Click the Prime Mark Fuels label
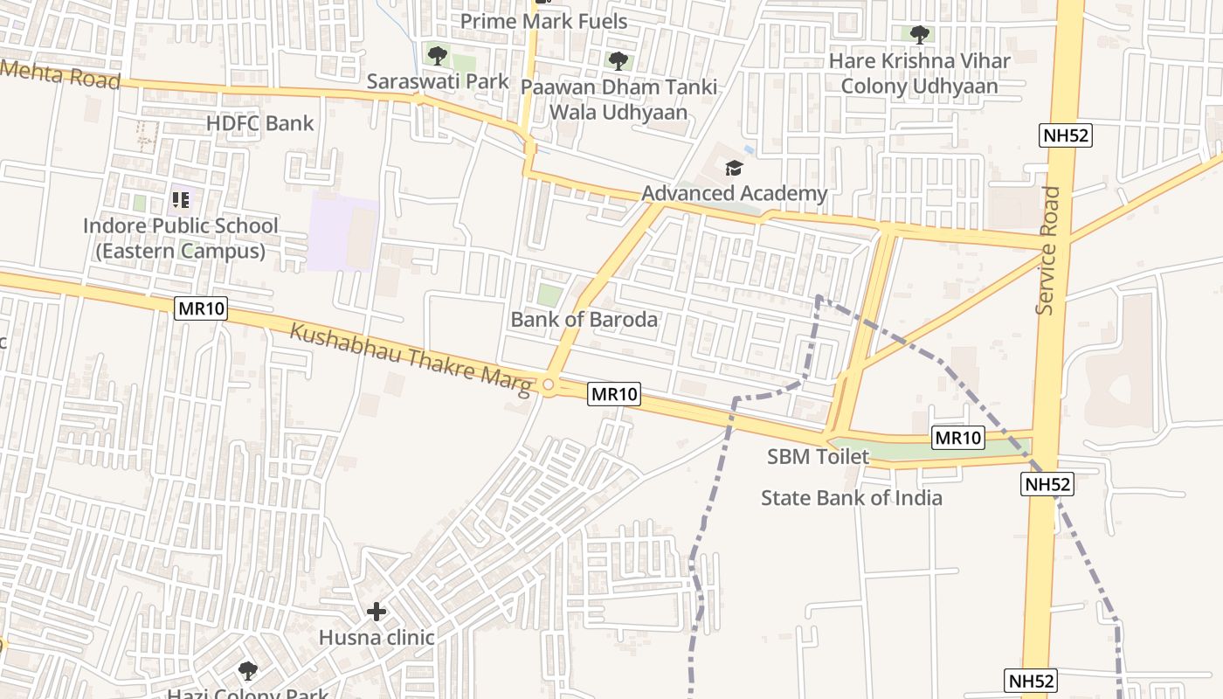(x=543, y=21)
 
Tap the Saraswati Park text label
(x=437, y=81)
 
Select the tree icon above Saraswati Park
(x=438, y=56)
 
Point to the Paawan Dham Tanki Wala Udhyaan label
(x=618, y=100)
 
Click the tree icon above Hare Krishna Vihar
(x=919, y=35)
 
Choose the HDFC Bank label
(x=259, y=123)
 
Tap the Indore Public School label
(x=180, y=238)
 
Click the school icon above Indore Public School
(x=181, y=200)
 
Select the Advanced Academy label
(x=734, y=193)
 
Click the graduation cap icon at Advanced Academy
(x=734, y=168)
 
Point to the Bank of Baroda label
(x=584, y=319)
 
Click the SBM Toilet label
(x=818, y=456)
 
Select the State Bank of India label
(x=851, y=498)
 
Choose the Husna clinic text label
(x=376, y=637)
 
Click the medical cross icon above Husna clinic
(x=377, y=612)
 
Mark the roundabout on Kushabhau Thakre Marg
(x=549, y=384)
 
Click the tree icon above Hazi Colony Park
(x=248, y=671)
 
